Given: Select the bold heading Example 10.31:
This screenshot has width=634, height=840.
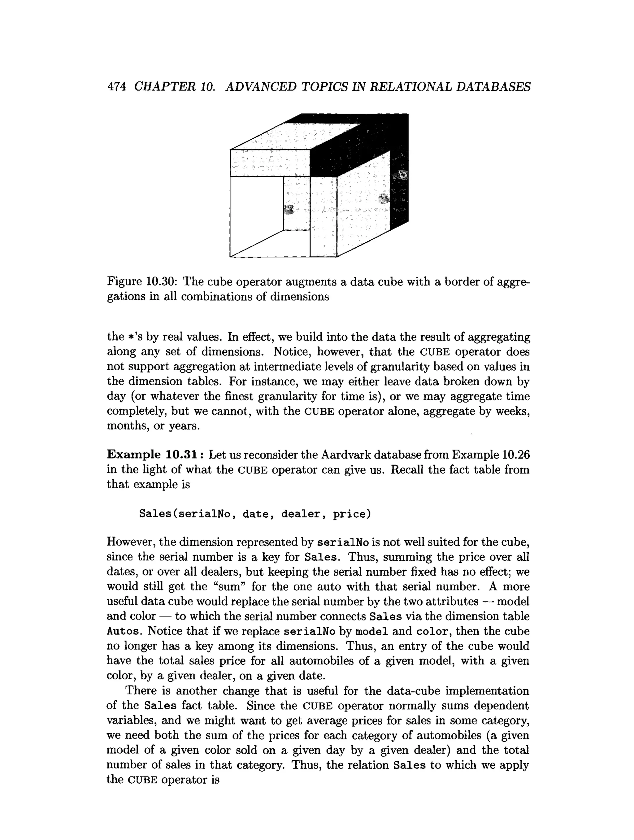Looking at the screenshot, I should [156, 454].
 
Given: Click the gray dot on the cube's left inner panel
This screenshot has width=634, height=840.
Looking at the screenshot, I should [289, 210].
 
